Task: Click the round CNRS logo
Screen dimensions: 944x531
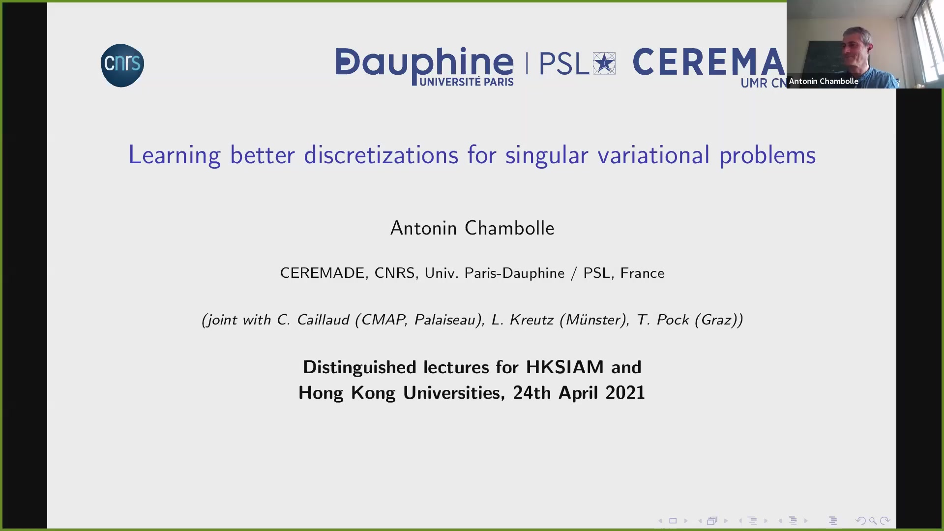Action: [x=122, y=65]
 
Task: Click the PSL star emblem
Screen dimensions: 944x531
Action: [x=604, y=63]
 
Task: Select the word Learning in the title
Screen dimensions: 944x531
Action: [x=175, y=155]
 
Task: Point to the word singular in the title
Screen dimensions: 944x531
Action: [x=547, y=155]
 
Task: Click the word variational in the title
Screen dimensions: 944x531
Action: [x=653, y=155]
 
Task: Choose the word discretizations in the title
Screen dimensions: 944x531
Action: [x=381, y=155]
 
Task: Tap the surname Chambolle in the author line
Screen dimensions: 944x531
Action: [x=509, y=228]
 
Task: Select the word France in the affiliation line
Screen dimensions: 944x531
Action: [x=642, y=273]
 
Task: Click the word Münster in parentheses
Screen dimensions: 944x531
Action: [x=595, y=320]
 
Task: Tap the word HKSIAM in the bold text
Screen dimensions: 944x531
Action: [x=565, y=367]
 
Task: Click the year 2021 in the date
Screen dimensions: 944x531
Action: [x=625, y=393]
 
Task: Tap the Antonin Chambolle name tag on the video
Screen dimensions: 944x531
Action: [x=824, y=82]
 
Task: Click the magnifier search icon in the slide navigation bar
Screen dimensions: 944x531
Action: [x=873, y=521]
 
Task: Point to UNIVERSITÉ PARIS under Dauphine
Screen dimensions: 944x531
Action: [x=467, y=82]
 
